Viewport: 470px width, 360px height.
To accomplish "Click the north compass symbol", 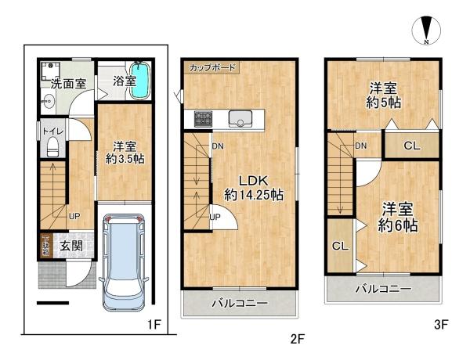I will [x=425, y=29].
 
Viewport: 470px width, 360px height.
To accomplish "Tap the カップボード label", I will [x=212, y=68].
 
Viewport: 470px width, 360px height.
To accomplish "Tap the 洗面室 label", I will [x=68, y=82].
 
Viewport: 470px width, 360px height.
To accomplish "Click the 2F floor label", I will [x=296, y=339].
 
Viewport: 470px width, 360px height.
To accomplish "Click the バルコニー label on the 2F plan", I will [x=240, y=303].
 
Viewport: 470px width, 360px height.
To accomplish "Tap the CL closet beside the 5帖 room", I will [x=410, y=145].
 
